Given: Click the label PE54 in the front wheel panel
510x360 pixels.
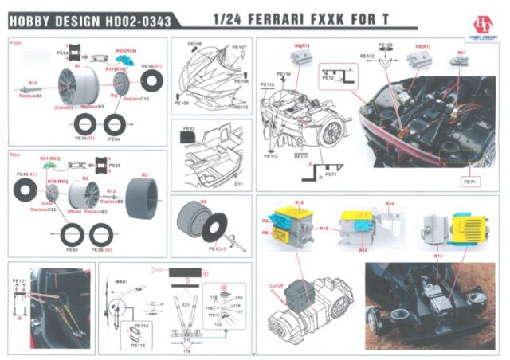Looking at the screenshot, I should [x=63, y=53].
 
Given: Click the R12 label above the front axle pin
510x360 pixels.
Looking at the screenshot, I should [x=33, y=83].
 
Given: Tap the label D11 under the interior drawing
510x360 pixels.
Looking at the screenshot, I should [x=237, y=184].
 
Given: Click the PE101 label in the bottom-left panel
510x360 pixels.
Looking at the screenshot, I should [x=20, y=281].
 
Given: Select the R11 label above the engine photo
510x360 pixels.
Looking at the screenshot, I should [x=461, y=53].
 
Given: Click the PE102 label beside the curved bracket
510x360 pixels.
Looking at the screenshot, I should [x=367, y=57].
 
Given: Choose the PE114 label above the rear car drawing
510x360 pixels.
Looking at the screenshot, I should [x=284, y=74].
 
